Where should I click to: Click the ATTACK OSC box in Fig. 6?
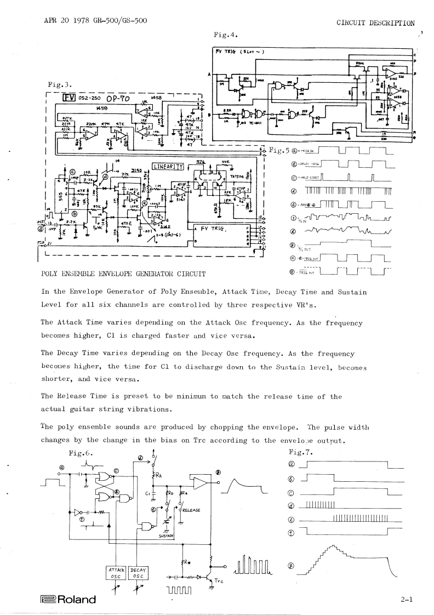[115, 572]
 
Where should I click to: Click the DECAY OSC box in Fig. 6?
[140, 572]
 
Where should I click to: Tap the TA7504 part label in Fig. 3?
[236, 176]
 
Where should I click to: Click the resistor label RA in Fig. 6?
[159, 475]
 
